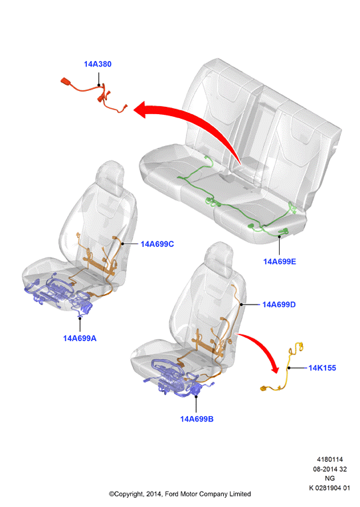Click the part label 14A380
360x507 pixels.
[98, 64]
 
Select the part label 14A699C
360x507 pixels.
[157, 244]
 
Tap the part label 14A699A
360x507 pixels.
[80, 338]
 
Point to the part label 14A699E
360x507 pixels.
[280, 261]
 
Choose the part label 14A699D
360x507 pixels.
[279, 305]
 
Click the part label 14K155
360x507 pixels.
[322, 368]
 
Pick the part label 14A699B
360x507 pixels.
[197, 419]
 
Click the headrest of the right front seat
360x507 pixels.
[219, 258]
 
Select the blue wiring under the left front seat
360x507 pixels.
[58, 294]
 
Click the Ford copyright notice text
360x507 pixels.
[180, 494]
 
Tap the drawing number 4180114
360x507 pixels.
[329, 459]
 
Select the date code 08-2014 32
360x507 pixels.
[329, 469]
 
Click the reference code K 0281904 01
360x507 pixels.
[329, 488]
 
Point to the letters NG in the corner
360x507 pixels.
[329, 478]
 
